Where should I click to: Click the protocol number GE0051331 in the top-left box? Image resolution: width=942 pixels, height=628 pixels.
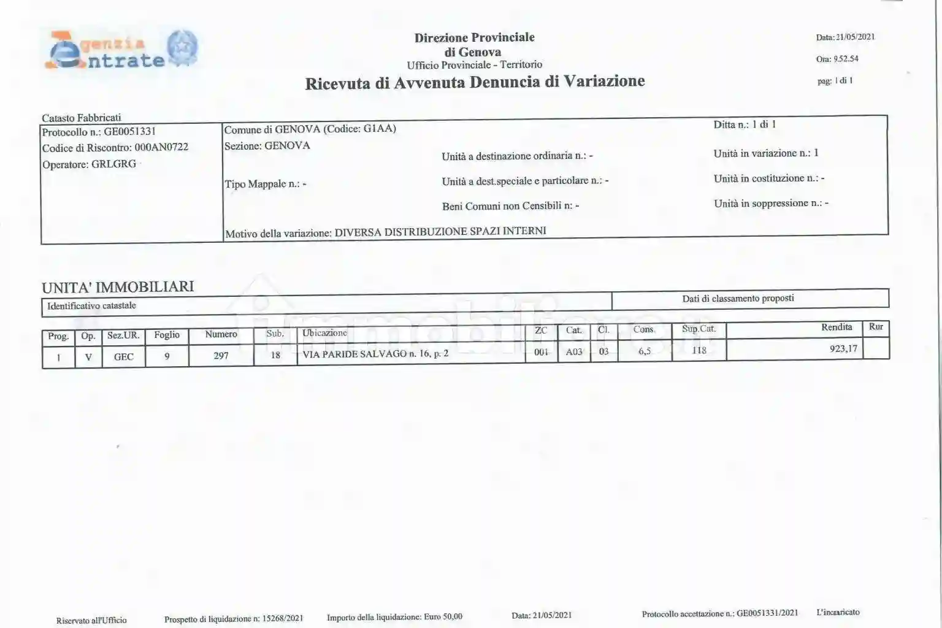[x=129, y=132]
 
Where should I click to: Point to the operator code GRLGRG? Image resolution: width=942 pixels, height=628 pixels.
[x=113, y=164]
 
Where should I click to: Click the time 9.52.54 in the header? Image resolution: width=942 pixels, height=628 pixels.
[x=846, y=59]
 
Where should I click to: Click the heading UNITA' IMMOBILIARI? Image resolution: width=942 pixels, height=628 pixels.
[x=118, y=287]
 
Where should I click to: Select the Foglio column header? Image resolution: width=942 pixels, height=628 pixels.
[x=167, y=335]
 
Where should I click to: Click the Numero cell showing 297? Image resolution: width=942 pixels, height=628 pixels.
[x=221, y=356]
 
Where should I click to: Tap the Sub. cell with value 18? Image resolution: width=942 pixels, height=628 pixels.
[x=275, y=355]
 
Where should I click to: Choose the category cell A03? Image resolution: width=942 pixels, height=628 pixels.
[x=574, y=351]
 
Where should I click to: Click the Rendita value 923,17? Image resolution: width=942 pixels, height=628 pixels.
[x=843, y=349]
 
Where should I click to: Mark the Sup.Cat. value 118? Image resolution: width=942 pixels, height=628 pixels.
[x=699, y=350]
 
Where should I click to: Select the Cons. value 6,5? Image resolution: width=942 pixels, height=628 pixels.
[x=645, y=351]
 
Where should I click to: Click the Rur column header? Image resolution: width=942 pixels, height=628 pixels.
[x=876, y=327]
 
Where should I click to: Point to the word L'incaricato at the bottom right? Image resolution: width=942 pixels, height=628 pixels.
[x=838, y=612]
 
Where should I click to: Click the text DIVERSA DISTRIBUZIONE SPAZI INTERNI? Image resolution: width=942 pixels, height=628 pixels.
[x=440, y=232]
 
